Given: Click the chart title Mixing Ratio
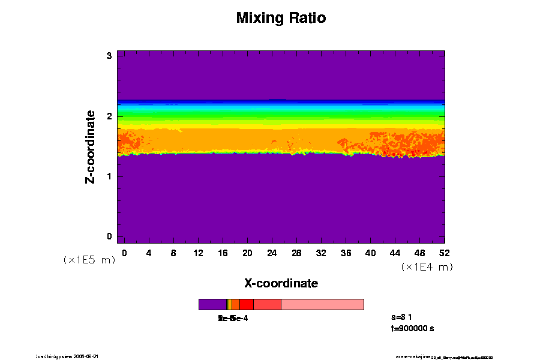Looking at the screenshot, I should pyautogui.click(x=281, y=18).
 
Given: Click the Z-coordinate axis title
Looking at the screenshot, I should pyautogui.click(x=91, y=146).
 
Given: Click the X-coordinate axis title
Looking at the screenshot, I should pyautogui.click(x=281, y=283).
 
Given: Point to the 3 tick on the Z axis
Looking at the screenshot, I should pyautogui.click(x=110, y=56).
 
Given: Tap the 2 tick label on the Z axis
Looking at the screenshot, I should pyautogui.click(x=110, y=116).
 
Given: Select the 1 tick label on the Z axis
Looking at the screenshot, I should pyautogui.click(x=110, y=176).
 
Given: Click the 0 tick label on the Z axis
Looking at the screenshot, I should pyautogui.click(x=110, y=236).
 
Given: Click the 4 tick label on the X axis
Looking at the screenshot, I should pyautogui.click(x=149, y=253).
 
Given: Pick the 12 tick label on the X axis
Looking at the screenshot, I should pyautogui.click(x=198, y=253).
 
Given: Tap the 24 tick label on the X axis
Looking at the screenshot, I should pyautogui.click(x=272, y=253).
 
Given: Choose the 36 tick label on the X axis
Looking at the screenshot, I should pyautogui.click(x=346, y=253).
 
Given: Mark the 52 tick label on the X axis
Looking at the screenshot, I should pyautogui.click(x=445, y=253).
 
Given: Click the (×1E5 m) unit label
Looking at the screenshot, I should pyautogui.click(x=89, y=260).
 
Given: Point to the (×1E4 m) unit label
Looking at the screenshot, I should pyautogui.click(x=427, y=267).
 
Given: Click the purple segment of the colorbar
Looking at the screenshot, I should pyautogui.click(x=212, y=304).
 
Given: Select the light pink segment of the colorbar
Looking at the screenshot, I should pyautogui.click(x=322, y=304).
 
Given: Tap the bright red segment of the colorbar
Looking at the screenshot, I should pyautogui.click(x=246, y=304).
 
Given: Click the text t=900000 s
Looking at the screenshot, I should pyautogui.click(x=412, y=328).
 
